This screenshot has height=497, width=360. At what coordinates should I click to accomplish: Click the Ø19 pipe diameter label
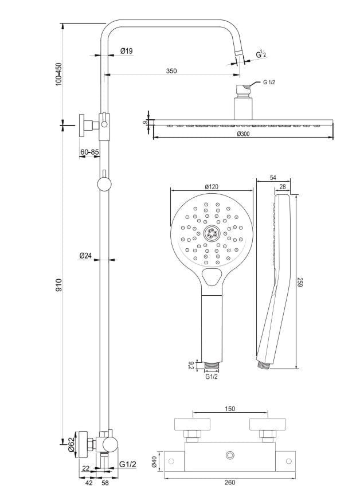tap(127, 51)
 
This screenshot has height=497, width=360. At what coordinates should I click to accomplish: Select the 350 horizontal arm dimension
tap(171, 71)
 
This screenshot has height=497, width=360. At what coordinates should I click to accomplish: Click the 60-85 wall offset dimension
tap(89, 152)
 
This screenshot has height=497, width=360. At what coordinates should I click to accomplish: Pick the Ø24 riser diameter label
tap(86, 255)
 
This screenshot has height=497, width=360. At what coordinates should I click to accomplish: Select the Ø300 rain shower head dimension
tap(244, 134)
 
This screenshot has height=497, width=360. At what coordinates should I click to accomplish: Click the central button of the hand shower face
tap(211, 232)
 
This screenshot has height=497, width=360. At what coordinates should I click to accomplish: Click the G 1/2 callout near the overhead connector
tap(269, 83)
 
